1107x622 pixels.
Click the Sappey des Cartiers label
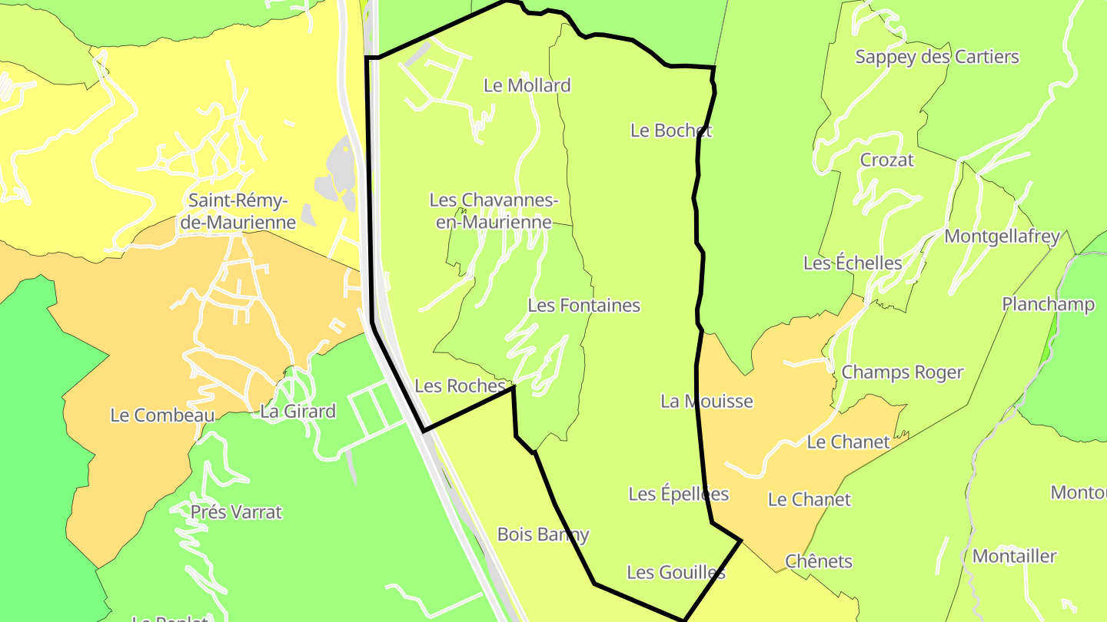pyautogui.click(x=936, y=57)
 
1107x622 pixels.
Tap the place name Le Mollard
pyautogui.click(x=527, y=85)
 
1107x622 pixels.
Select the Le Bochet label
pyautogui.click(x=670, y=131)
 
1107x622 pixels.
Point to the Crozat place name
pyautogui.click(x=886, y=160)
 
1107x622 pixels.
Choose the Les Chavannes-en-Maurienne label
pyautogui.click(x=492, y=211)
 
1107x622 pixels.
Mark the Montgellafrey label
pyautogui.click(x=1002, y=236)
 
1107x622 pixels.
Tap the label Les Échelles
pyautogui.click(x=852, y=263)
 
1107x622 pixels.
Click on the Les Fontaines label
pyautogui.click(x=583, y=305)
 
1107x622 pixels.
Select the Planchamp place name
pyautogui.click(x=1047, y=304)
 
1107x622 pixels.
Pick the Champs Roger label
pyautogui.click(x=902, y=372)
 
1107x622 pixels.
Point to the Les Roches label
pyautogui.click(x=459, y=385)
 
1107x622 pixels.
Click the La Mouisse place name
pyautogui.click(x=706, y=401)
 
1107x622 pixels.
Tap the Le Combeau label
pyautogui.click(x=161, y=415)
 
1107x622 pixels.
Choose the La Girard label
pyautogui.click(x=298, y=412)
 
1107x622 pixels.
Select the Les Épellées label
pyautogui.click(x=678, y=494)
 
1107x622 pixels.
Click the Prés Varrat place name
pyautogui.click(x=236, y=511)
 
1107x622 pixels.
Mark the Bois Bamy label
pyautogui.click(x=543, y=534)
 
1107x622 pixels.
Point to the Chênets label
pyautogui.click(x=818, y=561)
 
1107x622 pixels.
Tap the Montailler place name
pyautogui.click(x=1014, y=555)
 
